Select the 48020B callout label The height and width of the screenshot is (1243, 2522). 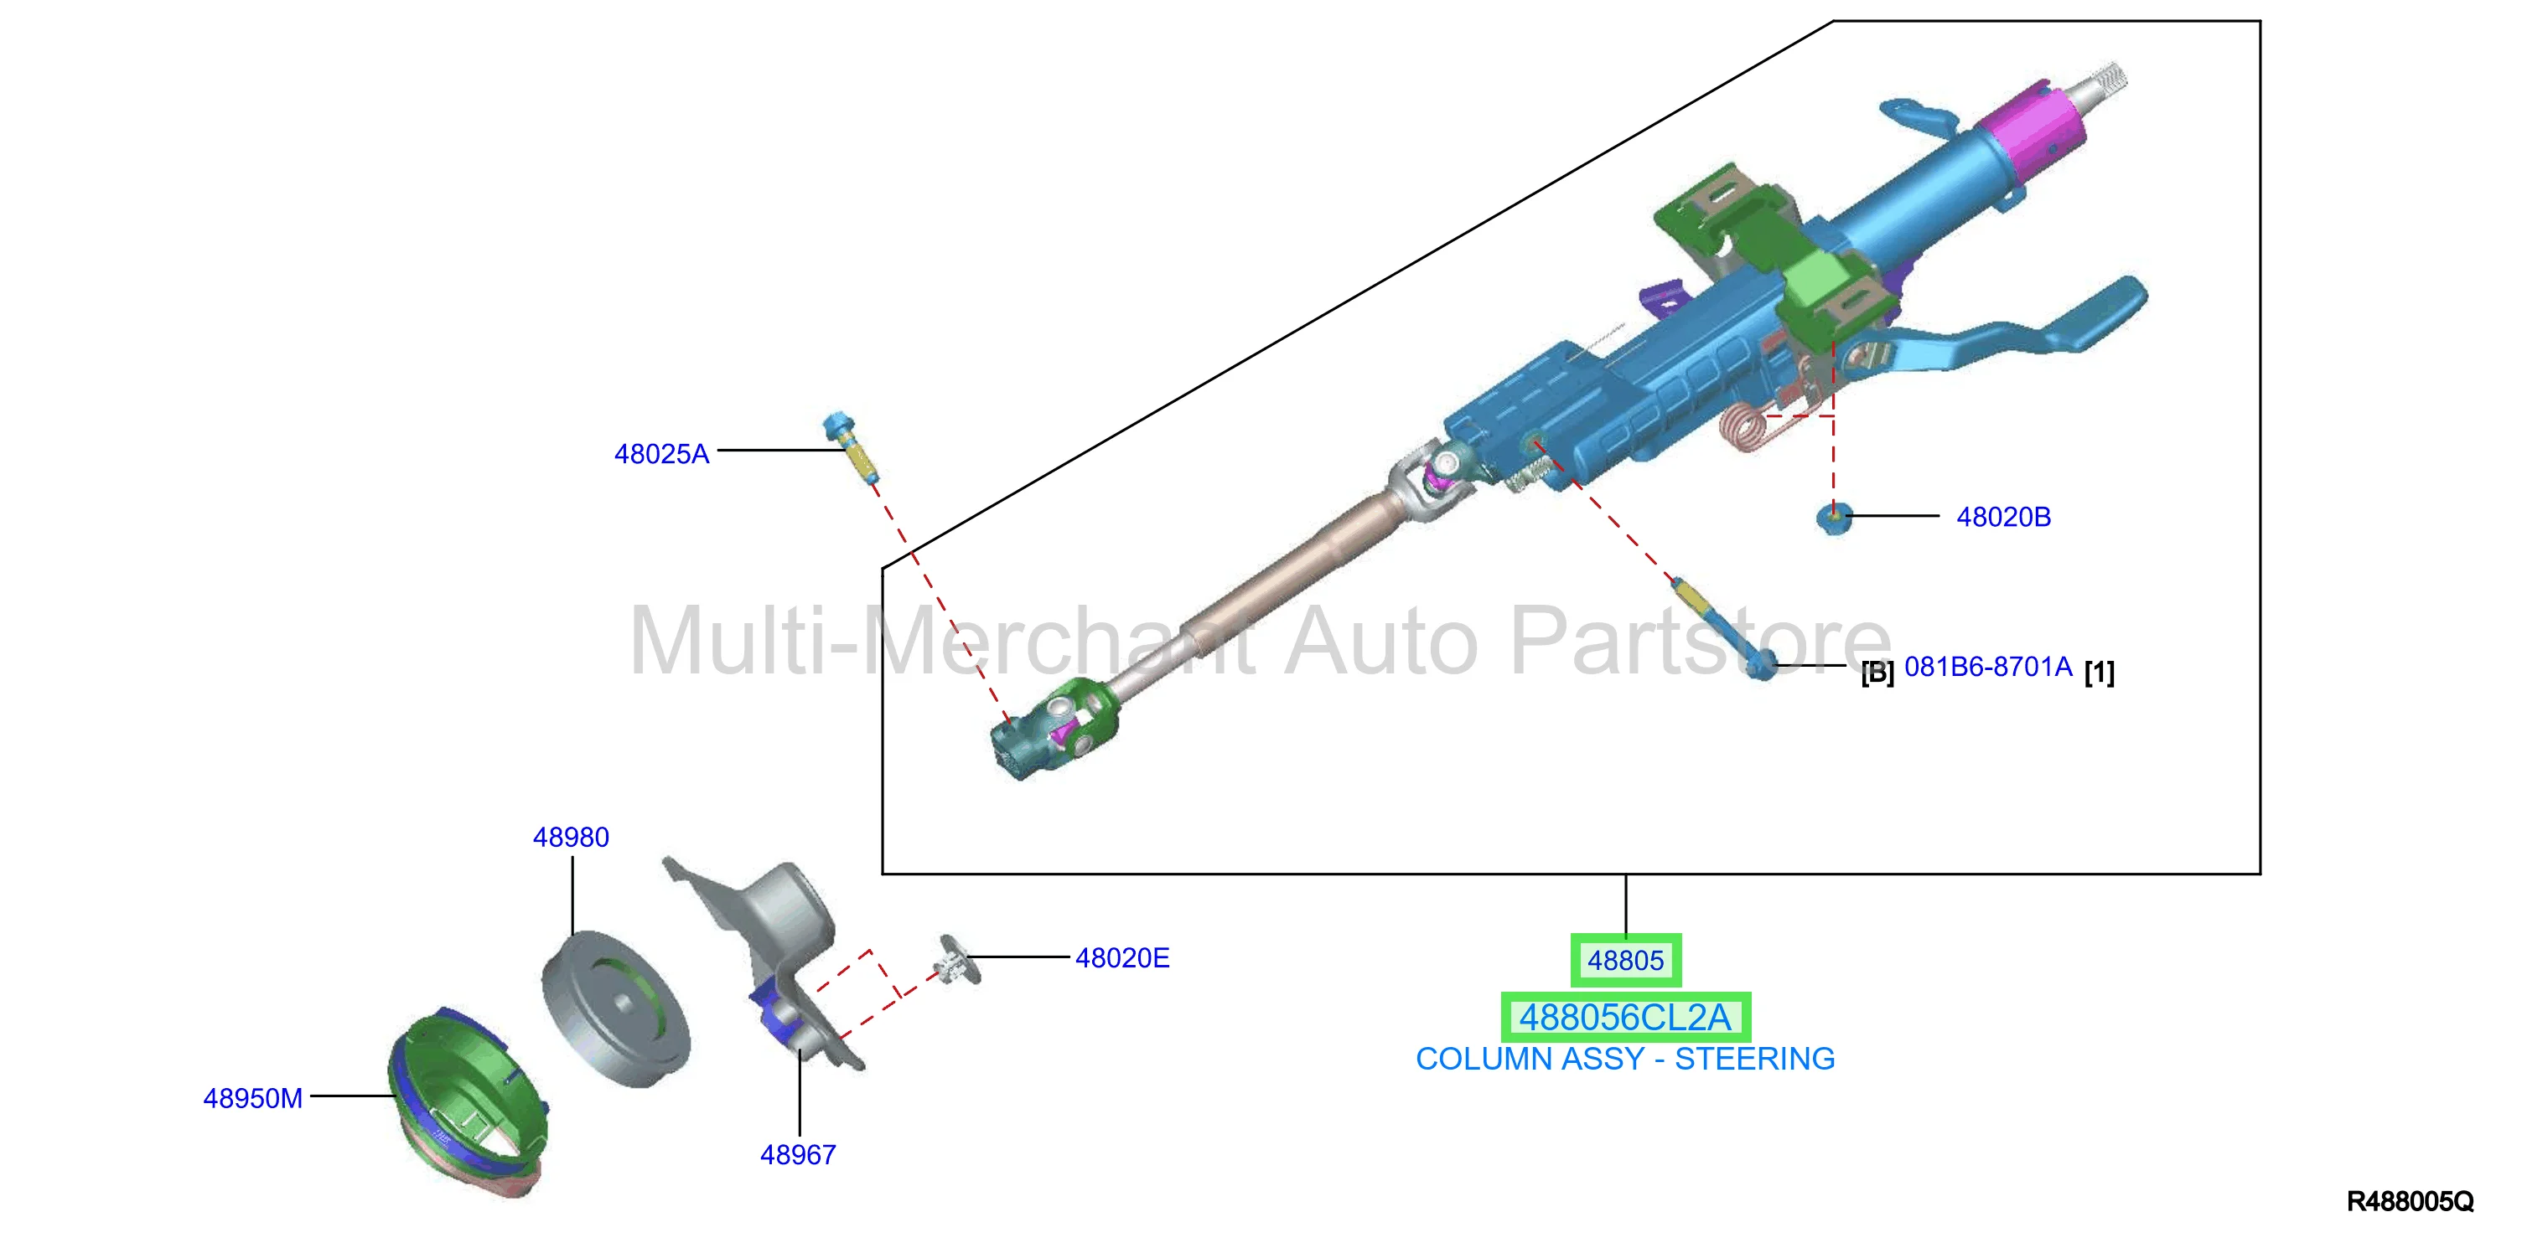tap(2003, 517)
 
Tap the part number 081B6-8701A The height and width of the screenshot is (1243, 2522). tap(1987, 668)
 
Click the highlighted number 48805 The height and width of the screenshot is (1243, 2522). tap(1625, 961)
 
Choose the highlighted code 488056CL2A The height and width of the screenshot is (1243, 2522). tap(1625, 1018)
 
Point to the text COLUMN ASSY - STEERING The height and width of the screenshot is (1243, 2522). tap(1625, 1059)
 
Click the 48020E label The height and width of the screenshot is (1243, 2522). tap(1122, 958)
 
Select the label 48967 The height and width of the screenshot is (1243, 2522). tap(798, 1155)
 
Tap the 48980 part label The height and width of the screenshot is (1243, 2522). tap(571, 838)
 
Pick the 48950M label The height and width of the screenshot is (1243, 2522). tap(252, 1098)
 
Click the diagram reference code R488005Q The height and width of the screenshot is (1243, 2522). tap(2410, 1202)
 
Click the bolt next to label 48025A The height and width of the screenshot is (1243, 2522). tap(850, 446)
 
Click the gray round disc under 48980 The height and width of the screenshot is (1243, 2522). tap(617, 1008)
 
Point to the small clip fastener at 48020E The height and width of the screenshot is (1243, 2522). tap(953, 959)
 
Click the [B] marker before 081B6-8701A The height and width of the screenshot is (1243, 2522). tap(1877, 673)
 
